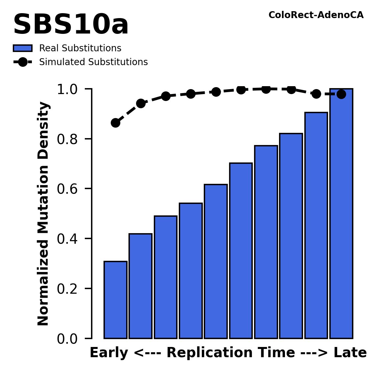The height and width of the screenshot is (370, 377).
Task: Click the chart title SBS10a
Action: pos(70,25)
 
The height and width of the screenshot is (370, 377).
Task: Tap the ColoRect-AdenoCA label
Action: pos(316,15)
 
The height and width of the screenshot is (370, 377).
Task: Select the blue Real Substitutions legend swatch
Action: pos(22,48)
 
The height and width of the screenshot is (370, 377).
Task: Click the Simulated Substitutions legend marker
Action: pos(22,62)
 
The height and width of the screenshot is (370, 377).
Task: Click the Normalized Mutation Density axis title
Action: pos(43,213)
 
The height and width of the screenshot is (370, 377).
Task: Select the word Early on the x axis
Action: pos(108,353)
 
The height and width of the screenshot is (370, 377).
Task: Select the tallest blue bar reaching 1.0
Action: pos(341,214)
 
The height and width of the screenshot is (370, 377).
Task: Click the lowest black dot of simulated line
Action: pos(115,123)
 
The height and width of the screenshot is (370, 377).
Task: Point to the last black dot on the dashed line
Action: pos(341,94)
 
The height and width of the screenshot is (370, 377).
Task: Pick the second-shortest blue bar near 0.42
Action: pos(140,286)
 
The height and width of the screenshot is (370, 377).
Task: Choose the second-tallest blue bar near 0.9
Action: pos(316,225)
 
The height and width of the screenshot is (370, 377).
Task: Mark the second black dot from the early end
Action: pos(141,103)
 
